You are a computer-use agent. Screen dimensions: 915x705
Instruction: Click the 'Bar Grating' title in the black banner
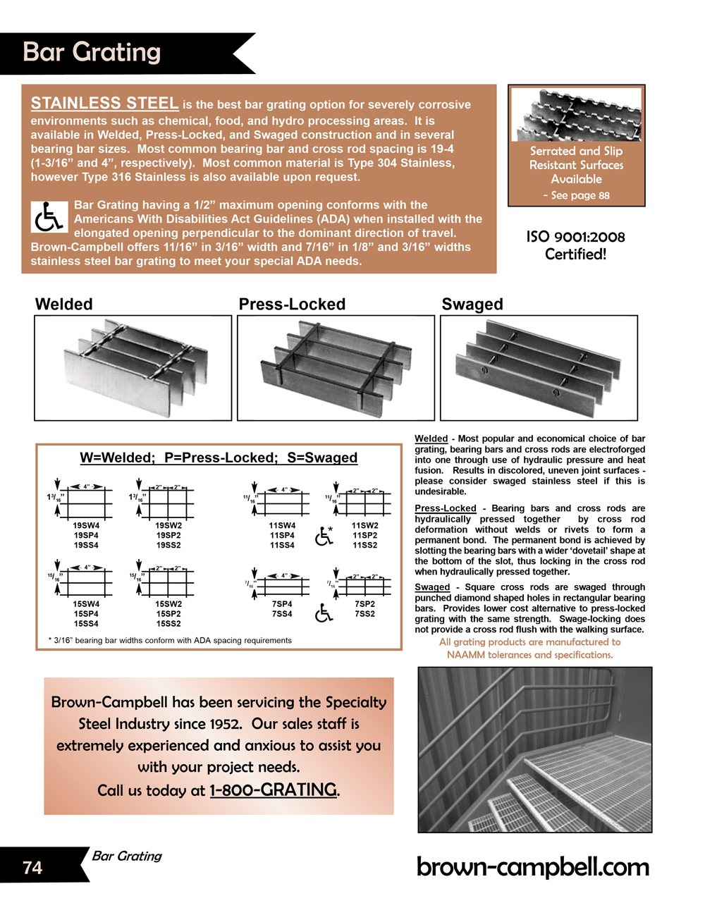coord(92,52)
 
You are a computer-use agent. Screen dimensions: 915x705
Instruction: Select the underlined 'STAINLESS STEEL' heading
coord(104,103)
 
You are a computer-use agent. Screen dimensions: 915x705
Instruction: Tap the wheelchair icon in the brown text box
coord(49,216)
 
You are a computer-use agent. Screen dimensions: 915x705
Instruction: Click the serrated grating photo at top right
coord(576,115)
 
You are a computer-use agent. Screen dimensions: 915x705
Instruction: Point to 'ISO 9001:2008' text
coord(575,237)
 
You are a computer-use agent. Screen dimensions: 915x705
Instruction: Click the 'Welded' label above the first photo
coord(63,304)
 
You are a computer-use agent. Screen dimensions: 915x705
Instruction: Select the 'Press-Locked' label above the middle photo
coord(292,304)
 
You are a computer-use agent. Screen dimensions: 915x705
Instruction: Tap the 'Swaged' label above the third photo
coord(472,304)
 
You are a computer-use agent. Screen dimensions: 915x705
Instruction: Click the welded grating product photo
coord(133,367)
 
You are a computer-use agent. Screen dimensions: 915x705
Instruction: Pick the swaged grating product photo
coord(539,367)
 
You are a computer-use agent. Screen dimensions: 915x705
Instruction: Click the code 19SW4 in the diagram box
coord(86,525)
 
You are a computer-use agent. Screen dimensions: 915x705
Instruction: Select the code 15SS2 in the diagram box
coord(168,623)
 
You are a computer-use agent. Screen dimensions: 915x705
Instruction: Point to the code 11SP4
coord(282,535)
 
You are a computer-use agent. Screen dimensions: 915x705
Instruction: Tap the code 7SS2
coord(364,614)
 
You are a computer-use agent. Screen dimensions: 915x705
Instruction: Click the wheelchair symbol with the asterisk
coord(324,536)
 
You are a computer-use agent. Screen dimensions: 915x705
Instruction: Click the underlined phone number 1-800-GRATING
coord(274,790)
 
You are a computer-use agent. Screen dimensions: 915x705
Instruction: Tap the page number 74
coord(32,867)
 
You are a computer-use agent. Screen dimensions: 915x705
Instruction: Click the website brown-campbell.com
coord(532,866)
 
